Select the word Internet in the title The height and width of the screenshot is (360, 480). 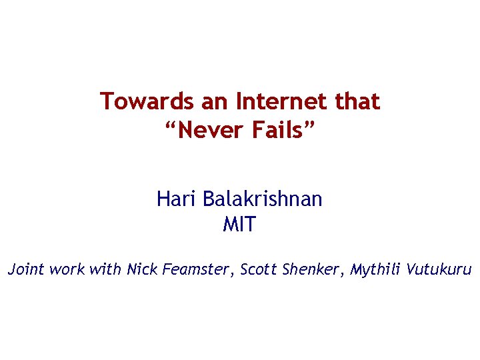(278, 102)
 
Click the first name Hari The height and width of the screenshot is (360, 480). (176, 199)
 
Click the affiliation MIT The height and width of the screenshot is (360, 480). (239, 225)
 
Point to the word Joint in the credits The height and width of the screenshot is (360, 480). (25, 270)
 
